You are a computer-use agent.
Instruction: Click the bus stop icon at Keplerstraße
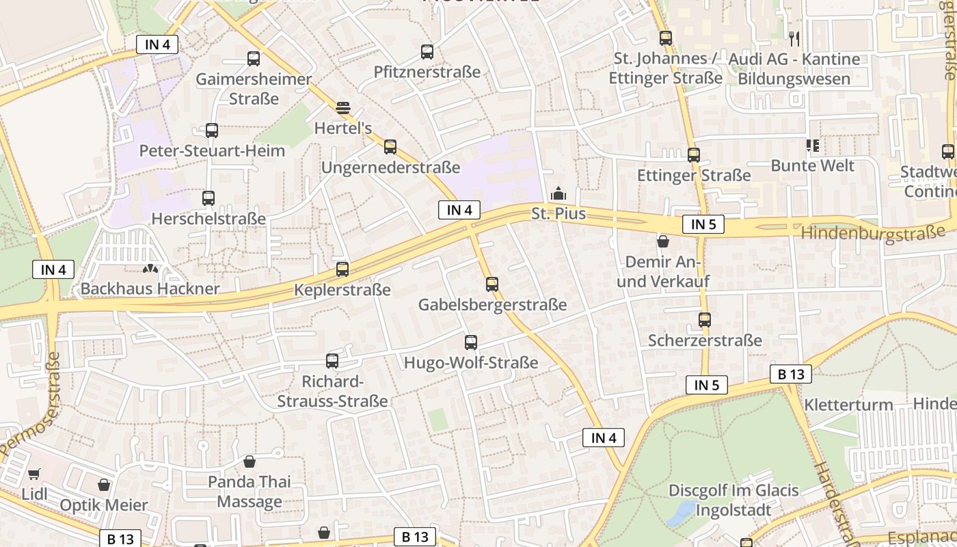[342, 269]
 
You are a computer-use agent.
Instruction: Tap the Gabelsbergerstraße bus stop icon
[492, 284]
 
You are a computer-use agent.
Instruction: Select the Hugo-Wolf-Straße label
[471, 363]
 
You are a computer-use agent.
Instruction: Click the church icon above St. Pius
[558, 194]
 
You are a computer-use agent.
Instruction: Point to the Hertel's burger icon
[343, 107]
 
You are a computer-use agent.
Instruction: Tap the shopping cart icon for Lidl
[33, 474]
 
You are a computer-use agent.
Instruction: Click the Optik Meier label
[104, 505]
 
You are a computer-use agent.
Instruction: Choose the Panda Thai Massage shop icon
[250, 462]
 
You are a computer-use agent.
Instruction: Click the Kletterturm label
[848, 405]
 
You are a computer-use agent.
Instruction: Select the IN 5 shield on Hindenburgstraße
[703, 224]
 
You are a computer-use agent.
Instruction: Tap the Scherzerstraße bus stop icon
[705, 319]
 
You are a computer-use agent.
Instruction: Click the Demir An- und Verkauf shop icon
[662, 241]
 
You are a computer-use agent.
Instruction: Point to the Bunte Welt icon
[812, 145]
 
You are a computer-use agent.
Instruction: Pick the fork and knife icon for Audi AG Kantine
[794, 38]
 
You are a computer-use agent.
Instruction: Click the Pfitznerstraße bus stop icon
[427, 52]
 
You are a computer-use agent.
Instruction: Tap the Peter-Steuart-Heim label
[212, 150]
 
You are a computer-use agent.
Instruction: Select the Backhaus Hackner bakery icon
[150, 270]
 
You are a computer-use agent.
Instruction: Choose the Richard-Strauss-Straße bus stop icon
[332, 361]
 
